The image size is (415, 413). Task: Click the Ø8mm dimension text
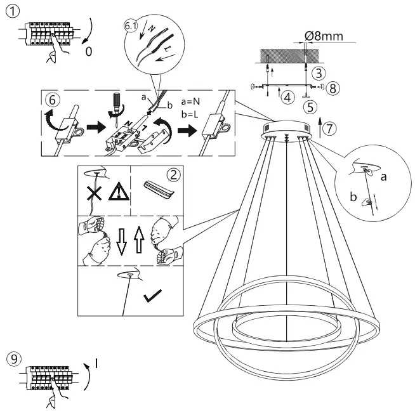(x=324, y=36)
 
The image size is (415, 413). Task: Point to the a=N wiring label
(x=190, y=101)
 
